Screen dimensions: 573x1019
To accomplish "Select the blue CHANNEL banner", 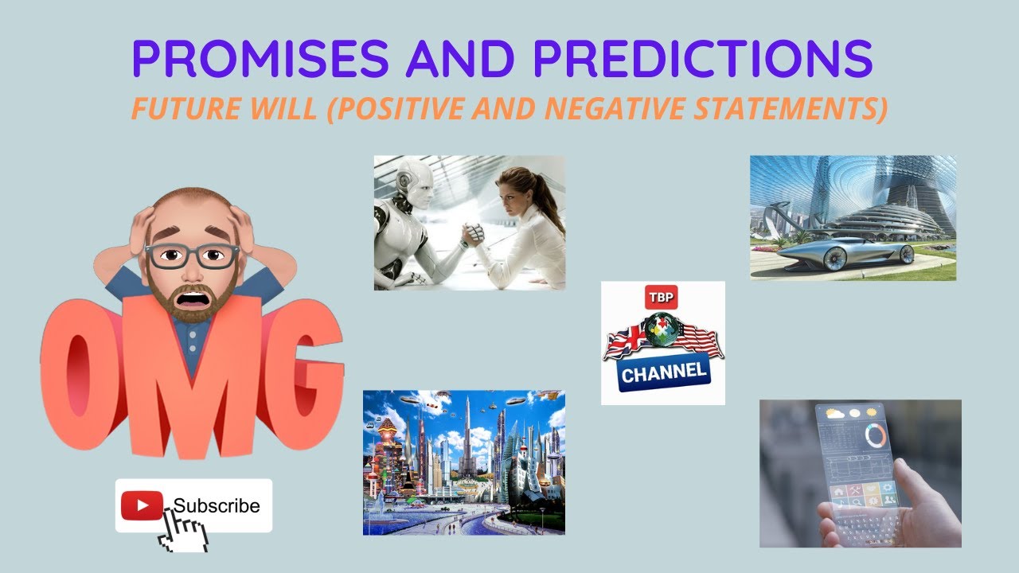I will (663, 372).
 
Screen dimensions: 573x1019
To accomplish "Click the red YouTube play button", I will (142, 505).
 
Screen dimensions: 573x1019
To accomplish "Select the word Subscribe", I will (217, 506).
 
